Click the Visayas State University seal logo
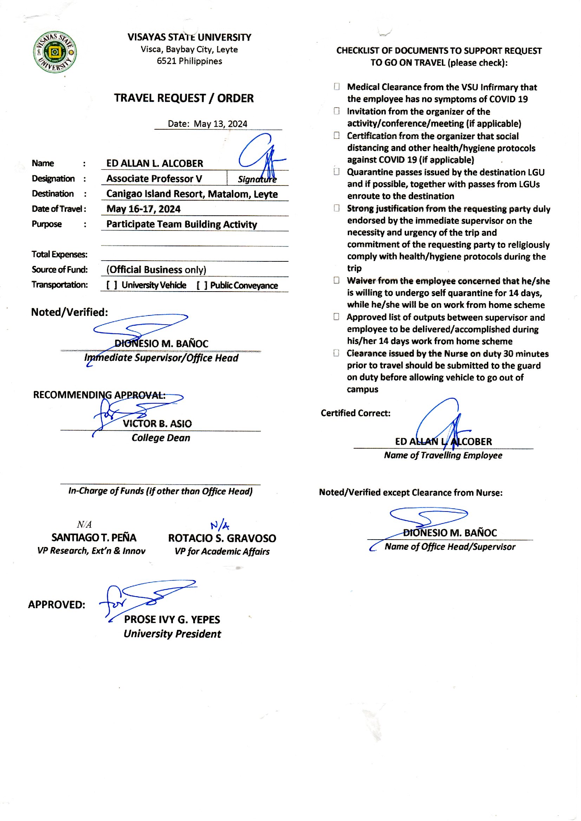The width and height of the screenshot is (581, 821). pos(55,52)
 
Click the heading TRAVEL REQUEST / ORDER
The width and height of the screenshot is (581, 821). pos(184,98)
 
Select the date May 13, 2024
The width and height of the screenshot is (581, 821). pos(220,124)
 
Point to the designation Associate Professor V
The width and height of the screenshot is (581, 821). pos(154,178)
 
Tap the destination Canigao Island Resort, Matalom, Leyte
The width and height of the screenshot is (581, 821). pos(192,194)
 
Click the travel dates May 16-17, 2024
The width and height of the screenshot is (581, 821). pos(143,209)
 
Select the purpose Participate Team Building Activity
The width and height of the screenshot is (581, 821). pos(182,224)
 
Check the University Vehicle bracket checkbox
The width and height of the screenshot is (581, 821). pos(112,285)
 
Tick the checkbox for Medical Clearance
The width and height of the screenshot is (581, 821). pos(337,86)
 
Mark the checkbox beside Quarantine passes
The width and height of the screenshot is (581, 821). pos(337,172)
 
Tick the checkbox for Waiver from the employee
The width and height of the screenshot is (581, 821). pos(337,280)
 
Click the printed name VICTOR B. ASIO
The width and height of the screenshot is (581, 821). pos(157,424)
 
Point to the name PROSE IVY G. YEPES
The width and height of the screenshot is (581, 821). pos(172,620)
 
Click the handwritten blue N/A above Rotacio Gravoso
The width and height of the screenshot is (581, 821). pos(220,525)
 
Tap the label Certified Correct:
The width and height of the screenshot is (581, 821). pos(355,413)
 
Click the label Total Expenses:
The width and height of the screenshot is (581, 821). pos(59,254)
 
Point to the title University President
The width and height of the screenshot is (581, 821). pos(172,634)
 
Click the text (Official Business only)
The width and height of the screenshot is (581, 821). pos(156,270)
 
